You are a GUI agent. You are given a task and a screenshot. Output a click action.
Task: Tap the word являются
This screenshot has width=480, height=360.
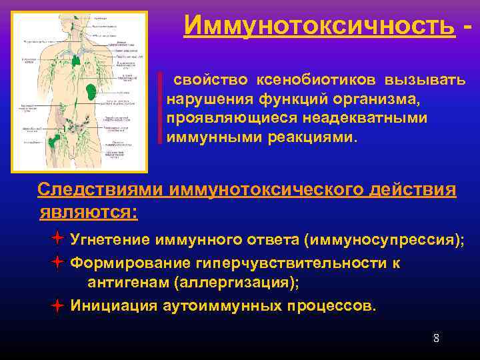87,212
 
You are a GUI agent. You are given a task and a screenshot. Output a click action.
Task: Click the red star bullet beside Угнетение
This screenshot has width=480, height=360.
58,239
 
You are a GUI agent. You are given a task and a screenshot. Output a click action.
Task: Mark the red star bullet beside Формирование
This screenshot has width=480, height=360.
58,262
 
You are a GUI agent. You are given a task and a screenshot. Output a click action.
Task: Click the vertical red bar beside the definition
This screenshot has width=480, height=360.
160,108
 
